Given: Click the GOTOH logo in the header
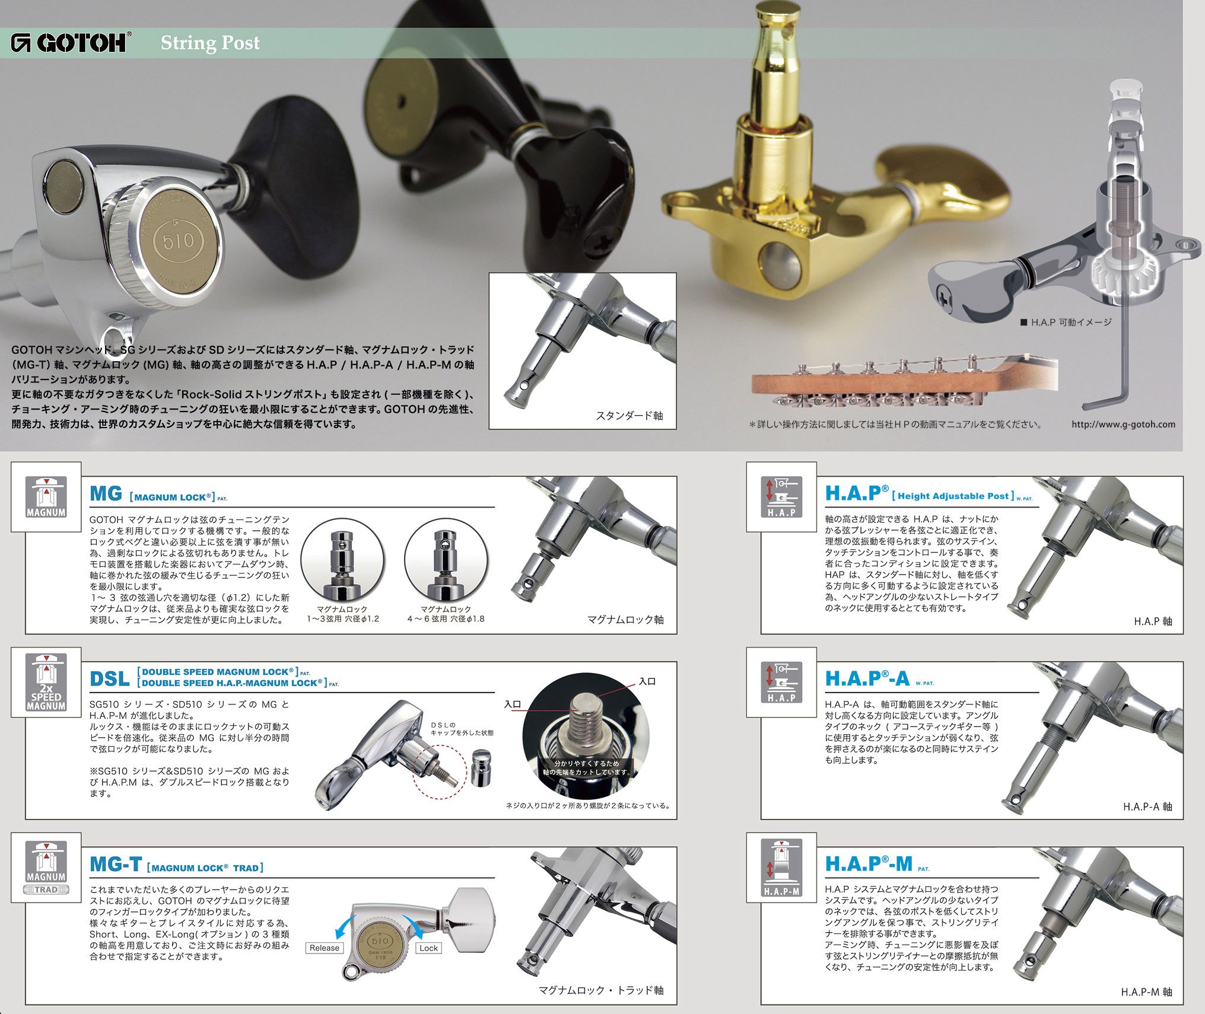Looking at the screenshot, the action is pos(71,43).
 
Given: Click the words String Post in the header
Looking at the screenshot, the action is pos(210,43).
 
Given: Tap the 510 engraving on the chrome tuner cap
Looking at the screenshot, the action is pos(179,240).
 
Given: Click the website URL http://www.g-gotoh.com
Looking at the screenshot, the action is pos(1123,424).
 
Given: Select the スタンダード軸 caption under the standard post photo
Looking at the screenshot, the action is pos(629,416).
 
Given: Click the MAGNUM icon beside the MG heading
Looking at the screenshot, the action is pos(46,497).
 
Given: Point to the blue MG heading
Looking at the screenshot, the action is pos(106,494).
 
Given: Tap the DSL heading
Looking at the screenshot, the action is pos(109,679).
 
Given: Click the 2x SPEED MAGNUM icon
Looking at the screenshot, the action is pos(46,683).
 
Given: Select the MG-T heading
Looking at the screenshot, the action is pos(115,864).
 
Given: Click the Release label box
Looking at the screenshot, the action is pos(325,948).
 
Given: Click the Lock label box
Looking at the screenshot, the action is pos(428,948).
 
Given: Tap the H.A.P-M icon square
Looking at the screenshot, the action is pos(781,868).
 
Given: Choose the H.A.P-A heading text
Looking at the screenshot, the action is pos(867,678).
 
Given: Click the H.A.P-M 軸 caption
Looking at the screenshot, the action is pos(1146,992).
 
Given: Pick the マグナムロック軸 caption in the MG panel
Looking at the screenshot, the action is pos(625,620).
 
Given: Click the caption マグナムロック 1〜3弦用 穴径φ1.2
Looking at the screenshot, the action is pos(342,614).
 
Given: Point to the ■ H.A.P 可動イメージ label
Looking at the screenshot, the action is pos(1066,322).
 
